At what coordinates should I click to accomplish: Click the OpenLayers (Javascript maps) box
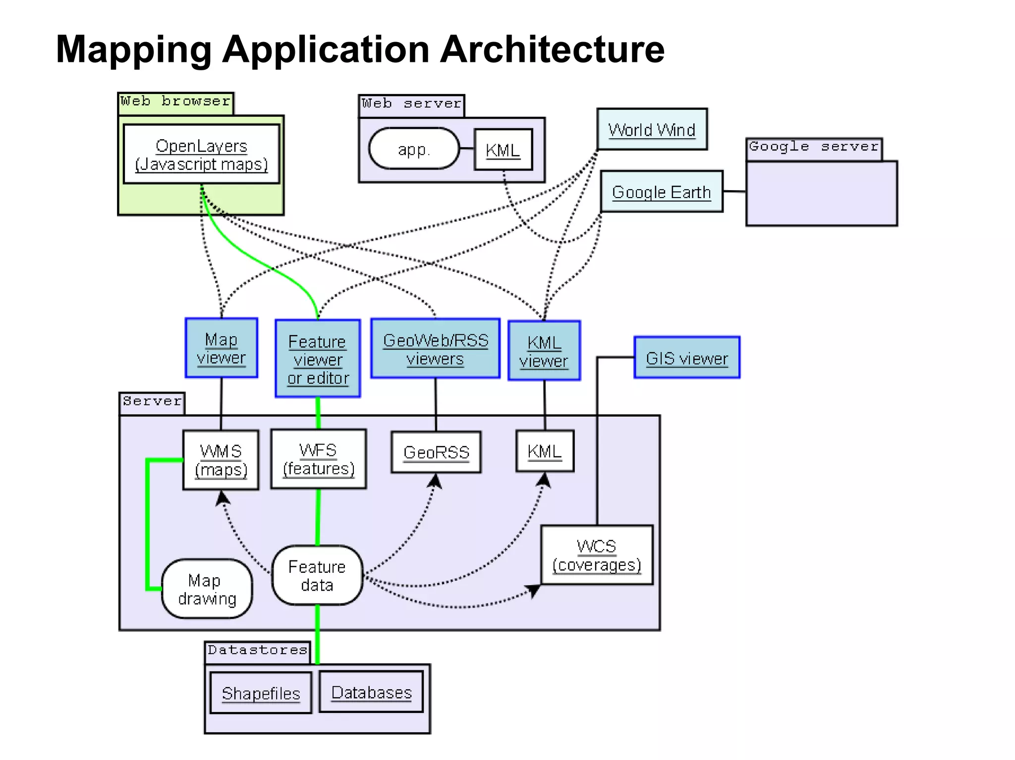(x=201, y=154)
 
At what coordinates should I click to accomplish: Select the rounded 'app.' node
(x=414, y=149)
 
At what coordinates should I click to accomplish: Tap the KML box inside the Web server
(x=503, y=150)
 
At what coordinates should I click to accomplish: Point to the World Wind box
(x=652, y=130)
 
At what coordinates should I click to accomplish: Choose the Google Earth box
(x=662, y=192)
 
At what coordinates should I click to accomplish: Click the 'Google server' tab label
(x=814, y=148)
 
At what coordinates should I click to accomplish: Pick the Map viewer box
(x=221, y=349)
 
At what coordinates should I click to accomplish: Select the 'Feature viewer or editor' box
(x=318, y=359)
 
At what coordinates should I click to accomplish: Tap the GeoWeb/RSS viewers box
(x=435, y=349)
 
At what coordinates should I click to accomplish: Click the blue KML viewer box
(x=544, y=351)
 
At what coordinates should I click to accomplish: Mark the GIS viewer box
(x=687, y=358)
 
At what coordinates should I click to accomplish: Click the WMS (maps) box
(x=221, y=460)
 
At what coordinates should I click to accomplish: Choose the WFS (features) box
(x=318, y=459)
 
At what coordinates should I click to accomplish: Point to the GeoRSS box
(x=436, y=453)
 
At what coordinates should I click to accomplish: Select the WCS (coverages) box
(x=597, y=555)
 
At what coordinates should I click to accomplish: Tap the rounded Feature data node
(x=317, y=575)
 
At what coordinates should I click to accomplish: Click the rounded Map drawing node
(x=207, y=589)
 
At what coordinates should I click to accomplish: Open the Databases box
(x=371, y=692)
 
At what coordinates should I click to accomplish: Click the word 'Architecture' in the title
(x=552, y=50)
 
